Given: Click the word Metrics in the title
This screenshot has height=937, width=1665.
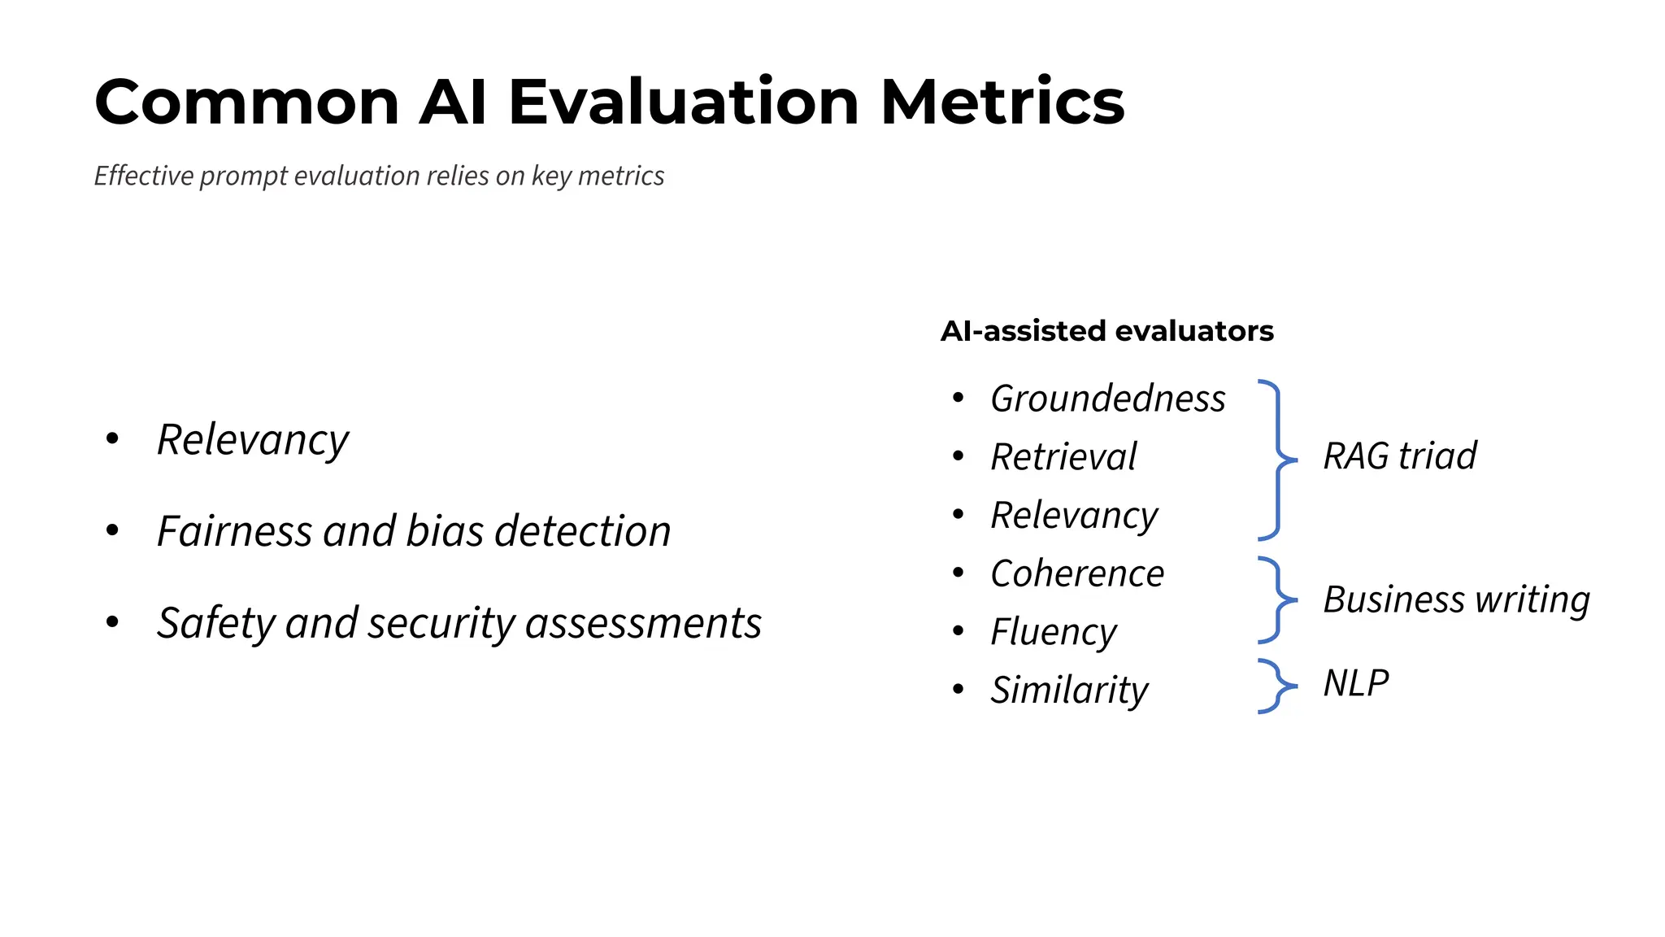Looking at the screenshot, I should [1002, 102].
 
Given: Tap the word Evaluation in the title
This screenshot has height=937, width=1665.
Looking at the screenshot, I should [683, 102].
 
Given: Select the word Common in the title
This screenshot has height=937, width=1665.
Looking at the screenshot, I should [246, 102].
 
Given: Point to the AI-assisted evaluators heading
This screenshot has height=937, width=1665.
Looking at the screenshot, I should [1106, 331].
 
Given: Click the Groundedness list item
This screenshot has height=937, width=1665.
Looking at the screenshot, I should [1107, 399].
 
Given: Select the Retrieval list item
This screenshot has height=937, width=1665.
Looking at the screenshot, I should [1063, 457].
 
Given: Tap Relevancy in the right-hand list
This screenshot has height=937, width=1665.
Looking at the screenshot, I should [1074, 516].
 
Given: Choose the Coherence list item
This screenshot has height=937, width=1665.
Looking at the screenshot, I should [1077, 574].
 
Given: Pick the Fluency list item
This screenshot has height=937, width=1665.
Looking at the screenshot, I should [1054, 632].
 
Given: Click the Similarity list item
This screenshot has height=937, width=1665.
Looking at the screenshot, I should [1069, 691].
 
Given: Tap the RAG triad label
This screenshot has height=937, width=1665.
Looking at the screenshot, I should [1399, 456].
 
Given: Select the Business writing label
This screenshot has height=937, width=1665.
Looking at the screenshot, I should [1456, 600].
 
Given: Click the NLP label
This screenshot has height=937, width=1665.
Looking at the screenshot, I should [1355, 683].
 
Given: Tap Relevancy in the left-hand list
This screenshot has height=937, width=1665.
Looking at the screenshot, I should [252, 440].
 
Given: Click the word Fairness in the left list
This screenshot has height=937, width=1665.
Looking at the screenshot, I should [234, 532].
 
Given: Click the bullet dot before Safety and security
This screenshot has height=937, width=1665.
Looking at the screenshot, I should [113, 623].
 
